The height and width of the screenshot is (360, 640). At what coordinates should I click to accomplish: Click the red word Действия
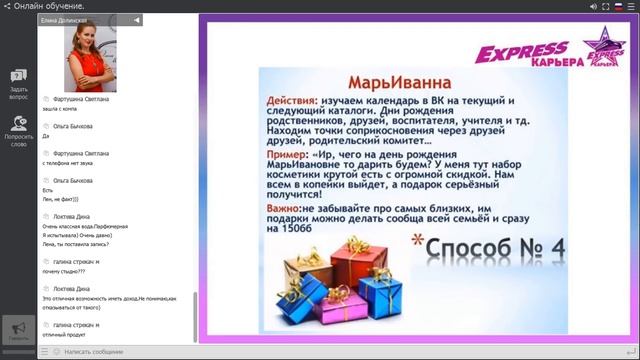[x=293, y=101]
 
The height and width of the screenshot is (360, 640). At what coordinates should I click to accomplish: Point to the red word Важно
[x=288, y=206]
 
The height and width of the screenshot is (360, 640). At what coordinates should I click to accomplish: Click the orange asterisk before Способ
[x=418, y=241]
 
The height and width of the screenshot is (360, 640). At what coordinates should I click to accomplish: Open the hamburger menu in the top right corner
[x=631, y=6]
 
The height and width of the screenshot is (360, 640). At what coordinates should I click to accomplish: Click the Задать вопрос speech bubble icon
[x=18, y=76]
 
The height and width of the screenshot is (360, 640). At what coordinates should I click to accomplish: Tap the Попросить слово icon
[x=18, y=122]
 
